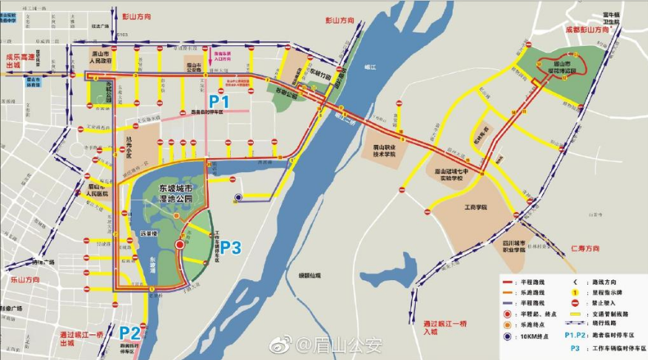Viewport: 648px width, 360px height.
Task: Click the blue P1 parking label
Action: (x=220, y=101)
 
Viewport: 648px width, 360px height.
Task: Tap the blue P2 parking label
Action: (x=130, y=332)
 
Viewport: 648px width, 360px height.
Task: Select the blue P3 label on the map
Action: (x=231, y=248)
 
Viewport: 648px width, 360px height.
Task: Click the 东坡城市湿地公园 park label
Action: (x=180, y=194)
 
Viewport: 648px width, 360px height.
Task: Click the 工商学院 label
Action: (x=475, y=208)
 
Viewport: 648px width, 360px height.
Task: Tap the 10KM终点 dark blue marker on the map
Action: (x=238, y=197)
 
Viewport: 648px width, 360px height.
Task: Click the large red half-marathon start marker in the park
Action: (x=180, y=245)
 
